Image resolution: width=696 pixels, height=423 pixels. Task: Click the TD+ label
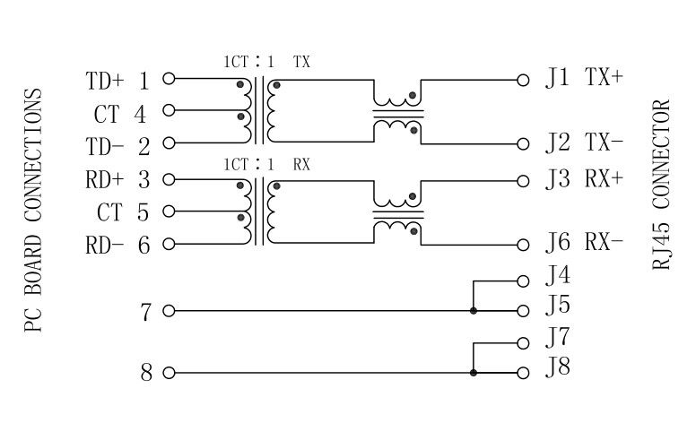point(105,81)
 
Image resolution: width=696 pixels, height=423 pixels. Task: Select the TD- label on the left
point(105,145)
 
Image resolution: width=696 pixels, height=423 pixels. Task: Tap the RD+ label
point(105,179)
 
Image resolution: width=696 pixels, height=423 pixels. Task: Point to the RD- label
point(105,246)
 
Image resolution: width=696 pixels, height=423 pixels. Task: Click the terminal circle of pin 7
point(167,312)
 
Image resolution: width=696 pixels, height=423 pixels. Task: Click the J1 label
point(557,79)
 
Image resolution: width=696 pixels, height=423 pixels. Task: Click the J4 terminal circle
point(524,280)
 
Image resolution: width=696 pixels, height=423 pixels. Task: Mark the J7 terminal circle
point(524,341)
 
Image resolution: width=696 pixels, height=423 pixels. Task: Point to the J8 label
point(557,367)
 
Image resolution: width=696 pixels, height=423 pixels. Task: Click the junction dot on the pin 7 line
point(474,312)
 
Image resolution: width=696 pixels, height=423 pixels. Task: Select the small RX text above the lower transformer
point(301,164)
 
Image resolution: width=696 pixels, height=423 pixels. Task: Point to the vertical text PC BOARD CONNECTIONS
point(33,211)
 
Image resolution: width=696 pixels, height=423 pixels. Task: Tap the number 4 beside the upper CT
point(140,114)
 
